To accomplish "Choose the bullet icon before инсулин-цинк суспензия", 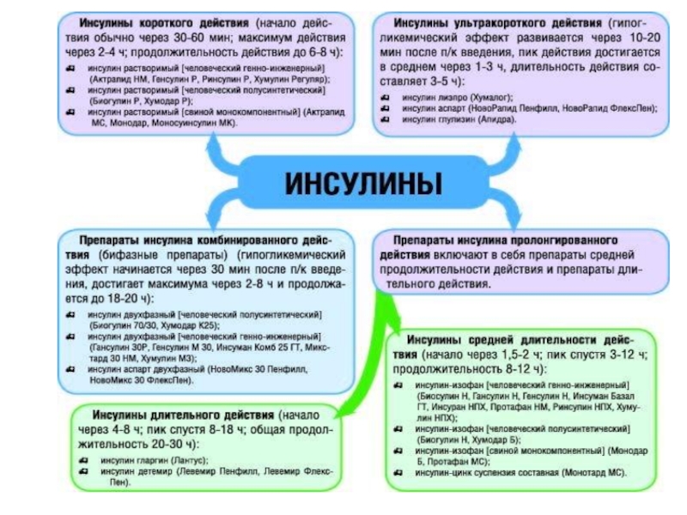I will coord(398,472).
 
